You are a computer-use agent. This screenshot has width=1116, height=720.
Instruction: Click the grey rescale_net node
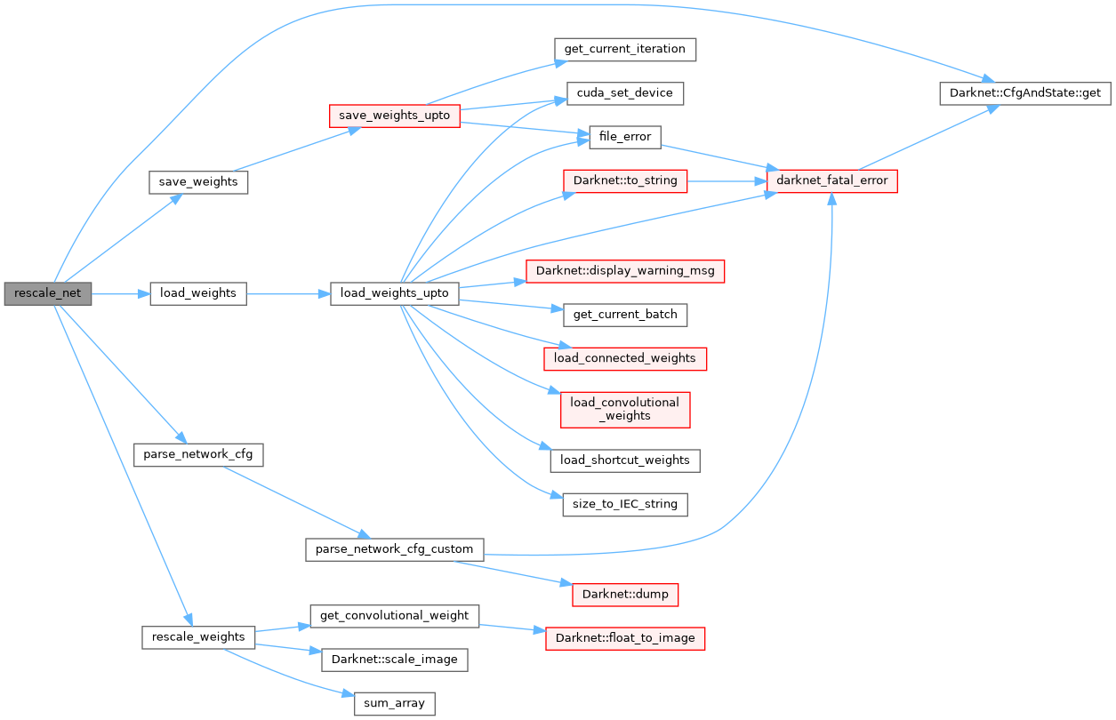pyautogui.click(x=48, y=293)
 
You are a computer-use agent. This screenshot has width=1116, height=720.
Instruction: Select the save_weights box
pyautogui.click(x=198, y=181)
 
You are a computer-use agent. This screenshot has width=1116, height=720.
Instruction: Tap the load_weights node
pyautogui.click(x=197, y=293)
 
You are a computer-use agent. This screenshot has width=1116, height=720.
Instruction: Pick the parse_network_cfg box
pyautogui.click(x=198, y=454)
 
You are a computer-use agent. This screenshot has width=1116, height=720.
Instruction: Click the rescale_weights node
pyautogui.click(x=198, y=636)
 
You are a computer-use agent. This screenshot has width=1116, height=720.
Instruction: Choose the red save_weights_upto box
pyautogui.click(x=394, y=116)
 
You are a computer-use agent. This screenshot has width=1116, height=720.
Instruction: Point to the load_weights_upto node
pyautogui.click(x=395, y=293)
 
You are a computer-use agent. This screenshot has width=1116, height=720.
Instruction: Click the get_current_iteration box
pyautogui.click(x=624, y=49)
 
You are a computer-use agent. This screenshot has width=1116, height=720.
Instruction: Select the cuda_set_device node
pyautogui.click(x=624, y=92)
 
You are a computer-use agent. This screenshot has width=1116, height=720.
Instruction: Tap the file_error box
pyautogui.click(x=625, y=137)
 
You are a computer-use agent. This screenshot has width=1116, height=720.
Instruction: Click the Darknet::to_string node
pyautogui.click(x=625, y=180)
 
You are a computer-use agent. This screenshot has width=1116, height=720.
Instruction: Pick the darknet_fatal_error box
pyautogui.click(x=831, y=180)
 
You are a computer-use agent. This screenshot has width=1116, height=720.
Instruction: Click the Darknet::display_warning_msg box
pyautogui.click(x=625, y=270)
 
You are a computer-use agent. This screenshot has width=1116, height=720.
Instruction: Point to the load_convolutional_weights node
pyautogui.click(x=625, y=409)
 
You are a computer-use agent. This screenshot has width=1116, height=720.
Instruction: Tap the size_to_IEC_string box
pyautogui.click(x=625, y=504)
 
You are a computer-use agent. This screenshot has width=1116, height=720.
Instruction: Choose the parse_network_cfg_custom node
pyautogui.click(x=395, y=548)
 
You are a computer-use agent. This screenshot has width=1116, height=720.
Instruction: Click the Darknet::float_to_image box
pyautogui.click(x=625, y=637)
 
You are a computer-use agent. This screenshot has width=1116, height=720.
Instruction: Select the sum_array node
pyautogui.click(x=395, y=704)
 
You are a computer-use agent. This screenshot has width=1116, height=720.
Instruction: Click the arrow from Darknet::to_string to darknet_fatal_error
pyautogui.click(x=720, y=180)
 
